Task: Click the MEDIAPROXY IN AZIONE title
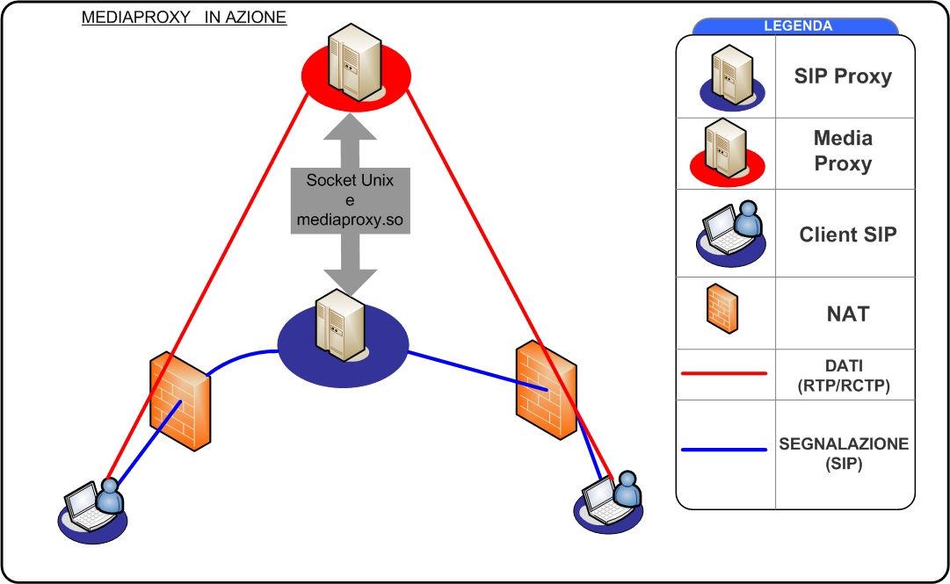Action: pos(184,18)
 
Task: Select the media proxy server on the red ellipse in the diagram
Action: pos(356,66)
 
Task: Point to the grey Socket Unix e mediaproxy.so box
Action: pos(350,199)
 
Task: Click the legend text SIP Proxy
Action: pos(843,76)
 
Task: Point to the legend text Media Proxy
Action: pos(843,151)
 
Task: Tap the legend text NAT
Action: pos(848,314)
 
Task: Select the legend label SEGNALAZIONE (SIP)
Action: pos(843,454)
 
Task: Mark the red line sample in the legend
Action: pos(724,373)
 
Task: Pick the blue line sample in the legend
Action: pos(724,451)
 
